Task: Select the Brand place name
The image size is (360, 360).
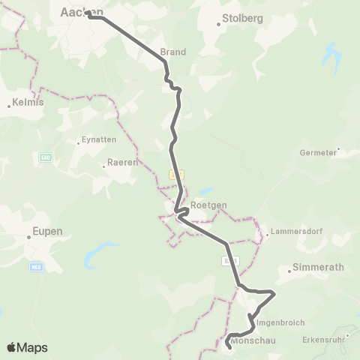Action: click(x=172, y=52)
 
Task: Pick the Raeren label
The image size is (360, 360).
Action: click(x=121, y=162)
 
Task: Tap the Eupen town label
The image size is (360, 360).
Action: click(x=47, y=231)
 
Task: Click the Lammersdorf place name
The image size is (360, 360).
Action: click(x=297, y=232)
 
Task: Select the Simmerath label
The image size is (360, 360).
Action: click(x=312, y=267)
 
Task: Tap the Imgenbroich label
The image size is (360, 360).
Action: click(x=280, y=322)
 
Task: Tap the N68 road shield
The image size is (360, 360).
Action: click(x=35, y=266)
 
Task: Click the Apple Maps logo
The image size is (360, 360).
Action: click(x=26, y=347)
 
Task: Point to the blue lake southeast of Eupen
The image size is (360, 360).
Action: click(x=100, y=255)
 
